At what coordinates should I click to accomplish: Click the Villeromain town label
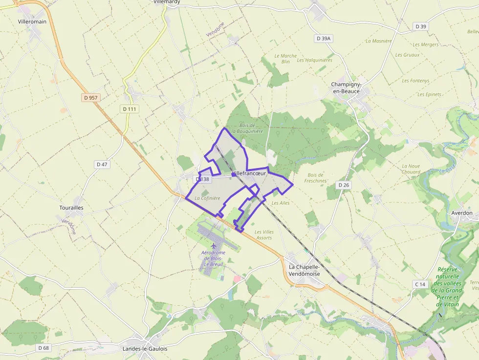tap(32, 21)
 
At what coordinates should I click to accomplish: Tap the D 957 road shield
tap(90, 98)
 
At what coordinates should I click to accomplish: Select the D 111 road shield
tap(130, 109)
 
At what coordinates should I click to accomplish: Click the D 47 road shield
tap(102, 165)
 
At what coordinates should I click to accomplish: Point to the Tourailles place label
tap(71, 208)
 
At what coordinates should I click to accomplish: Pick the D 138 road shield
tap(202, 179)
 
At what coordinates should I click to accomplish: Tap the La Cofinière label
tap(207, 198)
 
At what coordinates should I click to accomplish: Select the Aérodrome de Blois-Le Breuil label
tap(212, 258)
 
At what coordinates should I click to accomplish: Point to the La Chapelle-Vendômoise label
tap(304, 270)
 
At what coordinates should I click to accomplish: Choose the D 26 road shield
tap(344, 185)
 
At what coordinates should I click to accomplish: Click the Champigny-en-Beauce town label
tap(346, 88)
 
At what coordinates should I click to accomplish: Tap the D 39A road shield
tap(324, 38)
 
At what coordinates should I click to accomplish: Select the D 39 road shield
tap(420, 26)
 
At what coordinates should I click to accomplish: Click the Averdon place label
tap(461, 213)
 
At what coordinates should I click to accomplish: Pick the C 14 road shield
tap(420, 284)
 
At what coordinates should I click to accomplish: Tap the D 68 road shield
tap(44, 348)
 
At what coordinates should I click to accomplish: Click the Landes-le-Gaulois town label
tap(145, 349)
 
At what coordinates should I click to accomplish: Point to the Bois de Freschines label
tap(316, 178)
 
